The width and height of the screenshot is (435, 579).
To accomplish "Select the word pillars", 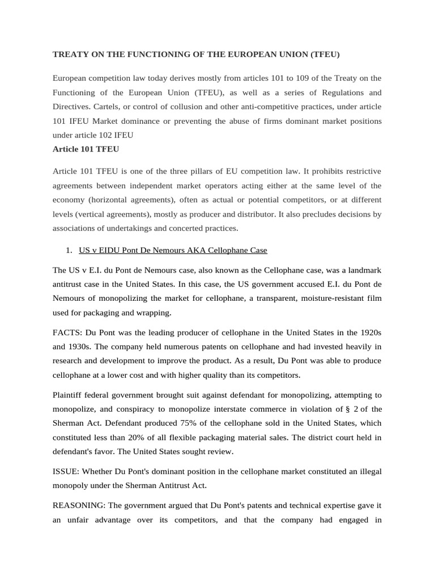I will pos(227,171).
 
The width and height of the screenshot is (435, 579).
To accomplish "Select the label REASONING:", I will pos(78,505).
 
